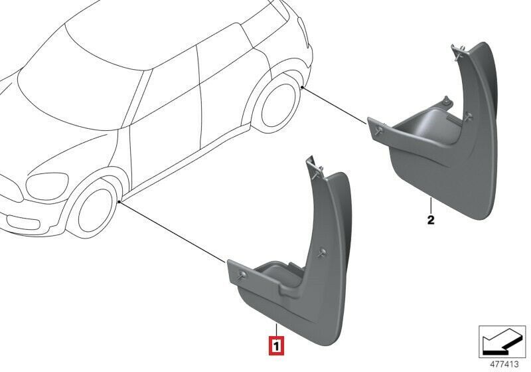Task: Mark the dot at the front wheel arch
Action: pyautogui.click(x=118, y=201)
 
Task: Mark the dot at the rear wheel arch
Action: pyautogui.click(x=302, y=87)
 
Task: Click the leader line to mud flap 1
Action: pyautogui.click(x=173, y=233)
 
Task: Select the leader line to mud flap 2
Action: pyautogui.click(x=335, y=105)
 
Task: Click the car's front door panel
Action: pyautogui.click(x=163, y=139)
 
